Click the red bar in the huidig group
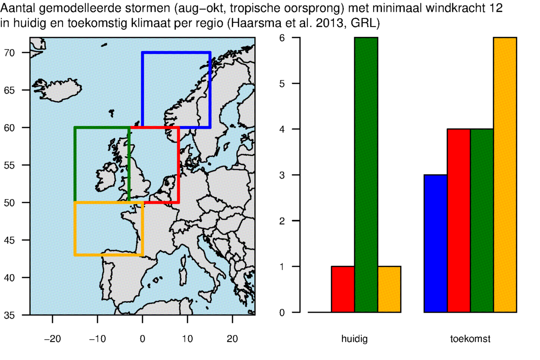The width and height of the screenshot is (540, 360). [343, 289]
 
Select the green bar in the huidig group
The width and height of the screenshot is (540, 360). [366, 175]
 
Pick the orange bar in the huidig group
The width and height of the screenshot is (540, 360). [389, 289]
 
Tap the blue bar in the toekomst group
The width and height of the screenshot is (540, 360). [436, 243]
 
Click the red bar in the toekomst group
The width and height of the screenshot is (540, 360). [459, 221]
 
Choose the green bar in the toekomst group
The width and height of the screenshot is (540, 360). [482, 221]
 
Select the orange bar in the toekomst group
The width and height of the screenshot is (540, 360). [505, 175]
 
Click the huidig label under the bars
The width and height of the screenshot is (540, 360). [354, 339]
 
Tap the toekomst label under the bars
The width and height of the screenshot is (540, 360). [470, 339]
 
